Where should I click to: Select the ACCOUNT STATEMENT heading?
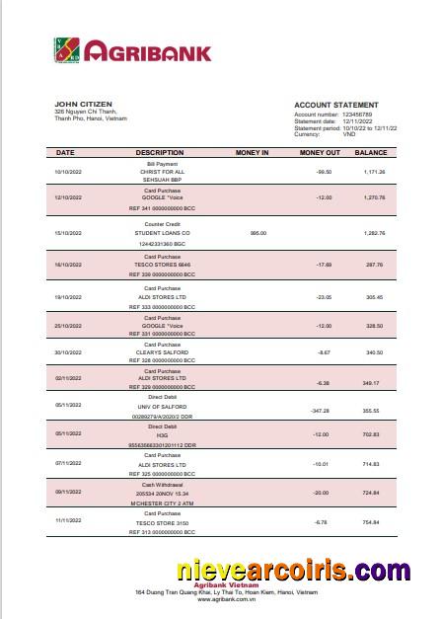coord(335,105)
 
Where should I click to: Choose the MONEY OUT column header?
coord(320,153)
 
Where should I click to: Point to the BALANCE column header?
coord(371,153)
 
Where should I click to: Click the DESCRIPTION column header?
coord(160,153)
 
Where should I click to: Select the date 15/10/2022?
coord(66,233)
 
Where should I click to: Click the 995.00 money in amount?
coord(258,233)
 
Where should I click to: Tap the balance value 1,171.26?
coord(373,172)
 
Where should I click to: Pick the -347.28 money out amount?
coord(318,410)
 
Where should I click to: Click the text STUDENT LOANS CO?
coord(162,233)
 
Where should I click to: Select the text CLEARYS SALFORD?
coord(162,352)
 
